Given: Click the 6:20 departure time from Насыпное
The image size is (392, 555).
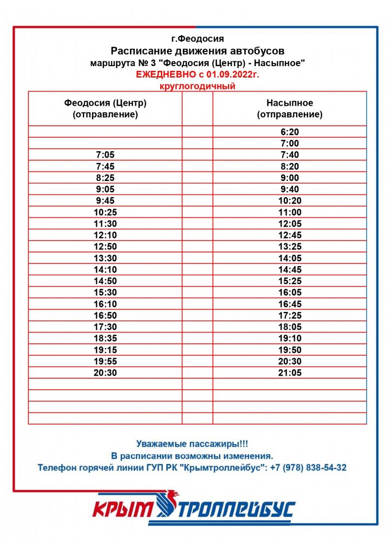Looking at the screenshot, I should pos(290,132).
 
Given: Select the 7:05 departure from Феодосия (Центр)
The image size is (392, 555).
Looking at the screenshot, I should pos(105,155).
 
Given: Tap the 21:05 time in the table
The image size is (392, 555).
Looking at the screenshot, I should pos(290,373).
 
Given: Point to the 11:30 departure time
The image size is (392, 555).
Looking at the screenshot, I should pos(105,224).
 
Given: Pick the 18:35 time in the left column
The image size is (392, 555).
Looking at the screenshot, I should pos(105,338).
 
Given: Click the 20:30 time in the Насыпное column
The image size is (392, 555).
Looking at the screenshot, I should pos(290,362).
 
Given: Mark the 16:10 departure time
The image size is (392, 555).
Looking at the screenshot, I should pos(105,304).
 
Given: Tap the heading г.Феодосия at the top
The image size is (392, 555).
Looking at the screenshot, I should pos(197,38).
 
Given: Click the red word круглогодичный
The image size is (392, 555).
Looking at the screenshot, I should pos(198,86).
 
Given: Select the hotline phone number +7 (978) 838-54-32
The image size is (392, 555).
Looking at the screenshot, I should pos(308,467).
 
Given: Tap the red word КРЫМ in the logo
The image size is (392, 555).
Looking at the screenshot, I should pos(123,510).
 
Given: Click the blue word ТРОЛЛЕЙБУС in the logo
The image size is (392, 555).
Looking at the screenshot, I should pos(237,510).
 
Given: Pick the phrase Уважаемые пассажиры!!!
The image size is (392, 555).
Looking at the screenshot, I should pos(192,443).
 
